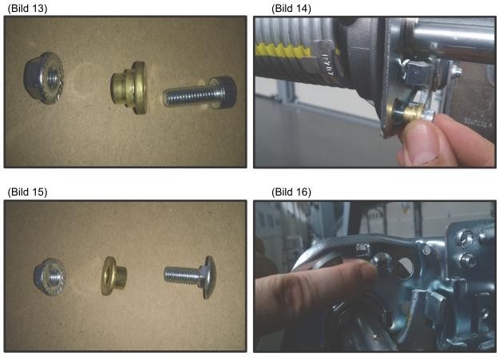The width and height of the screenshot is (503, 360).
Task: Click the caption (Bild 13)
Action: [x=27, y=8]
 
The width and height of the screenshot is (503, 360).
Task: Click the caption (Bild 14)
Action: [x=291, y=8]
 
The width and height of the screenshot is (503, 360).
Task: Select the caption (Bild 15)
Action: [x=27, y=192]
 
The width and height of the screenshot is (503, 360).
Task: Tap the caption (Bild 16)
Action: [x=291, y=192]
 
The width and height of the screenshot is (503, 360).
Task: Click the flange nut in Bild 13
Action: [x=44, y=77]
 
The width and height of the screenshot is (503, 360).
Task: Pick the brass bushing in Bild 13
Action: [x=129, y=87]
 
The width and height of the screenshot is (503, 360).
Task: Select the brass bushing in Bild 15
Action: [x=113, y=275]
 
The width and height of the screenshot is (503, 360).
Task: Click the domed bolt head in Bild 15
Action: [x=208, y=277]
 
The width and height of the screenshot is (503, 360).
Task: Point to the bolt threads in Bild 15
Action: [x=183, y=275]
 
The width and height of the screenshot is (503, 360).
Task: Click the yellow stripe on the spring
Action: [x=286, y=51]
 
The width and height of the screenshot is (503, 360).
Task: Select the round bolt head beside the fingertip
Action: [x=382, y=263]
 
